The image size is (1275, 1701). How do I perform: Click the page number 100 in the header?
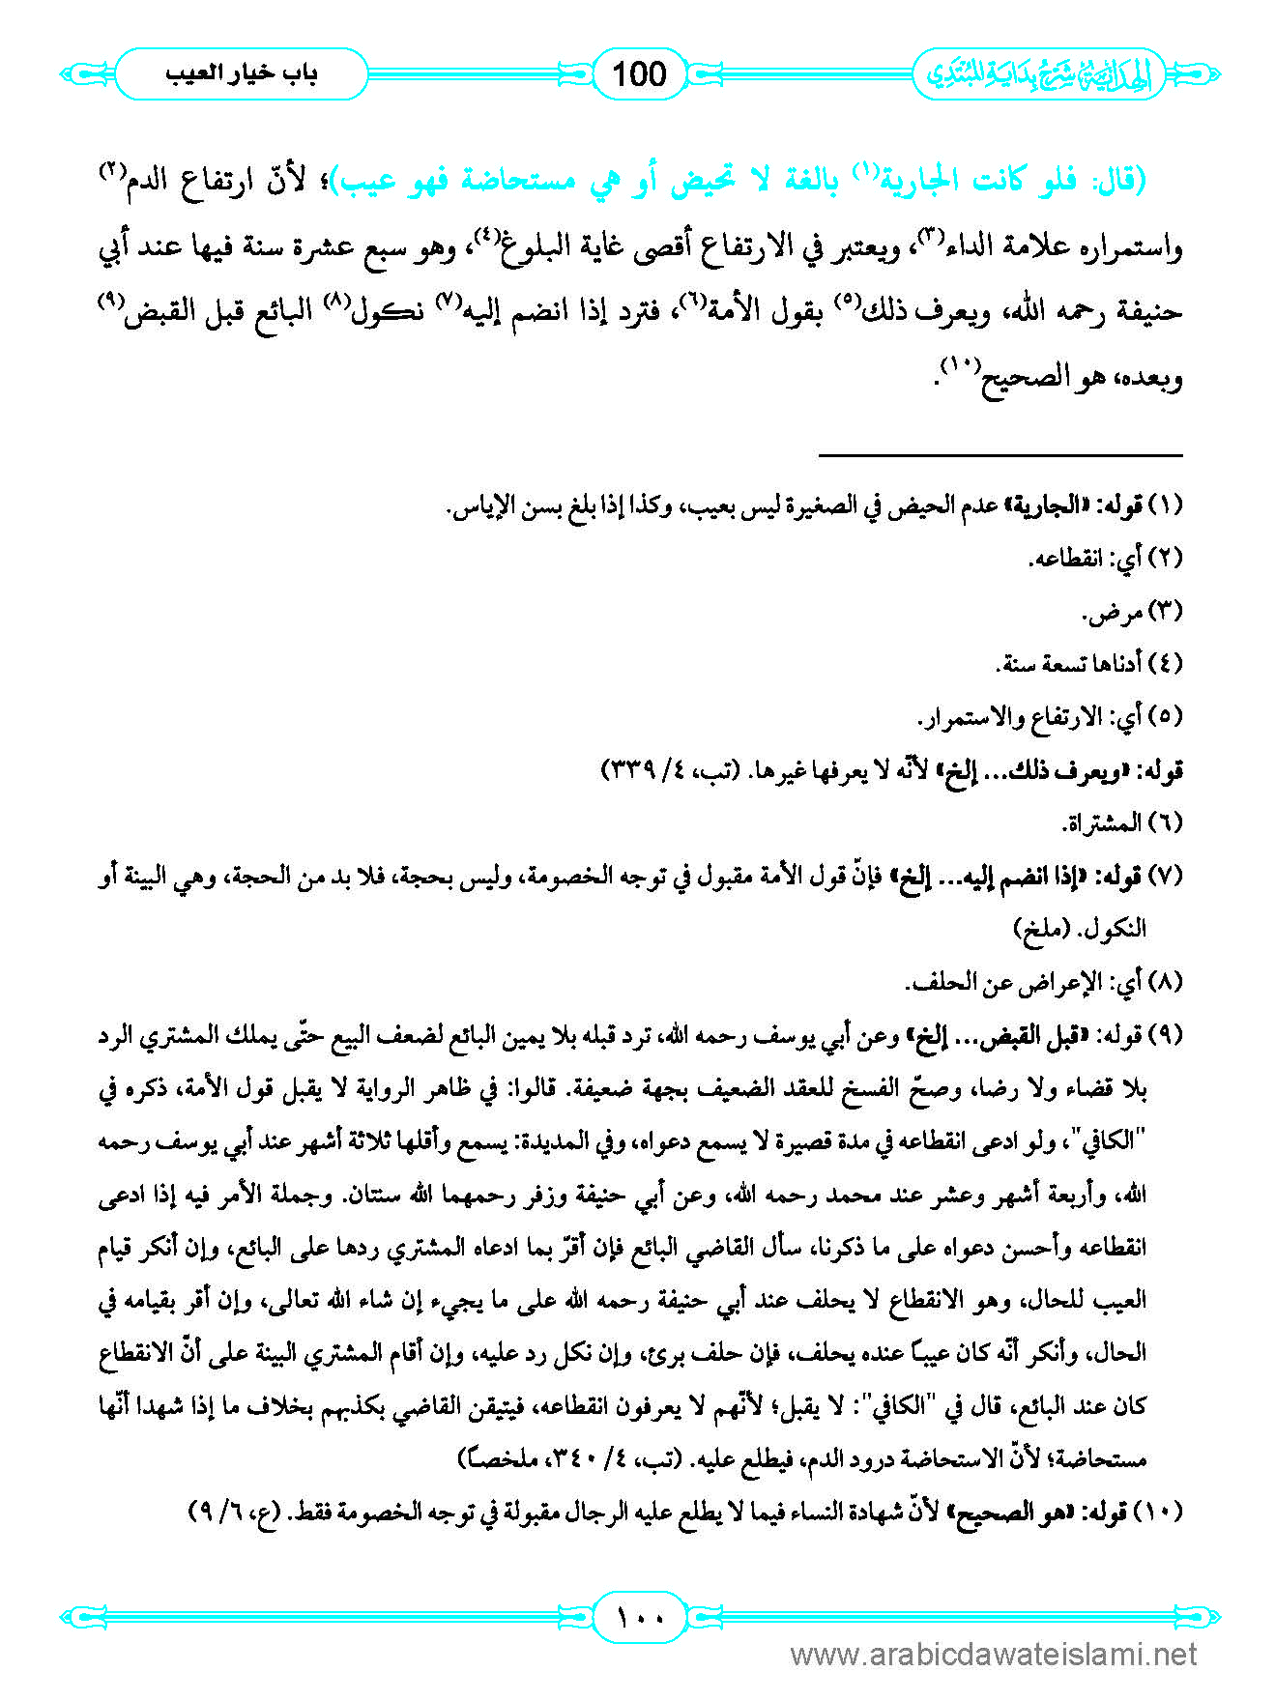click(639, 74)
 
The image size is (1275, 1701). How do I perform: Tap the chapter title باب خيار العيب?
click(241, 73)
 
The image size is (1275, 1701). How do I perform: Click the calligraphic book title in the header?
click(1039, 74)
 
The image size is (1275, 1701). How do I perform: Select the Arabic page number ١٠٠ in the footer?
click(639, 1616)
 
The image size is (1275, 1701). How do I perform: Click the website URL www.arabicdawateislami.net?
click(994, 1656)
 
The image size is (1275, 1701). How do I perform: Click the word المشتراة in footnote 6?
click(1096, 823)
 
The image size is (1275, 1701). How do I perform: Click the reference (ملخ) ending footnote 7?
click(1041, 929)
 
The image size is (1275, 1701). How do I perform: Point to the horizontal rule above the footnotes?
click(1000, 454)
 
